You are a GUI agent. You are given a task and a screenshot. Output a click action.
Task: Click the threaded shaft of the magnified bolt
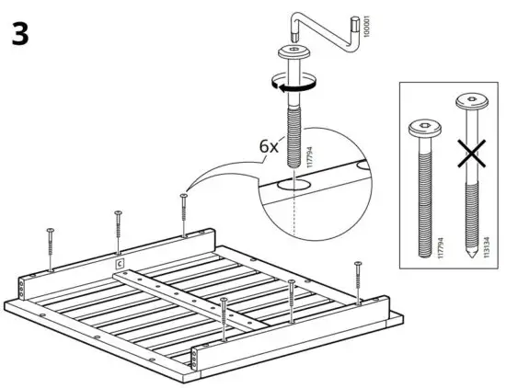point(293,129)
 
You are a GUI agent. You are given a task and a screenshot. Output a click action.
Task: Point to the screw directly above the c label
point(118,228)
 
